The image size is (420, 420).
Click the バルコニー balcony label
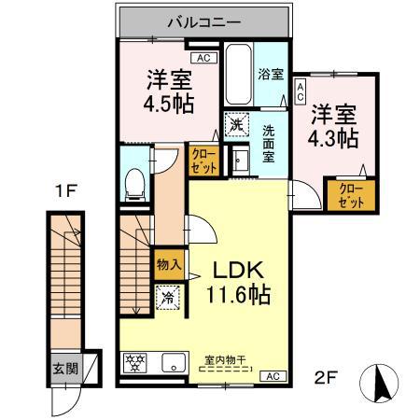204,21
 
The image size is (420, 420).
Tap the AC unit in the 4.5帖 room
205,57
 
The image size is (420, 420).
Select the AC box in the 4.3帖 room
301,92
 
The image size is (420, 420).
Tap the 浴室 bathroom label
271,74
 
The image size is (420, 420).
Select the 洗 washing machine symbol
236,124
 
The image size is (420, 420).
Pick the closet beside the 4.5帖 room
203,161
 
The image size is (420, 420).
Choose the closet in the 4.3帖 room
351,194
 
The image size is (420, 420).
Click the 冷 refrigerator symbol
168,299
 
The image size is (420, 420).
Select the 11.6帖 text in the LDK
239,296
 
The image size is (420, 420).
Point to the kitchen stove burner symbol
135,362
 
